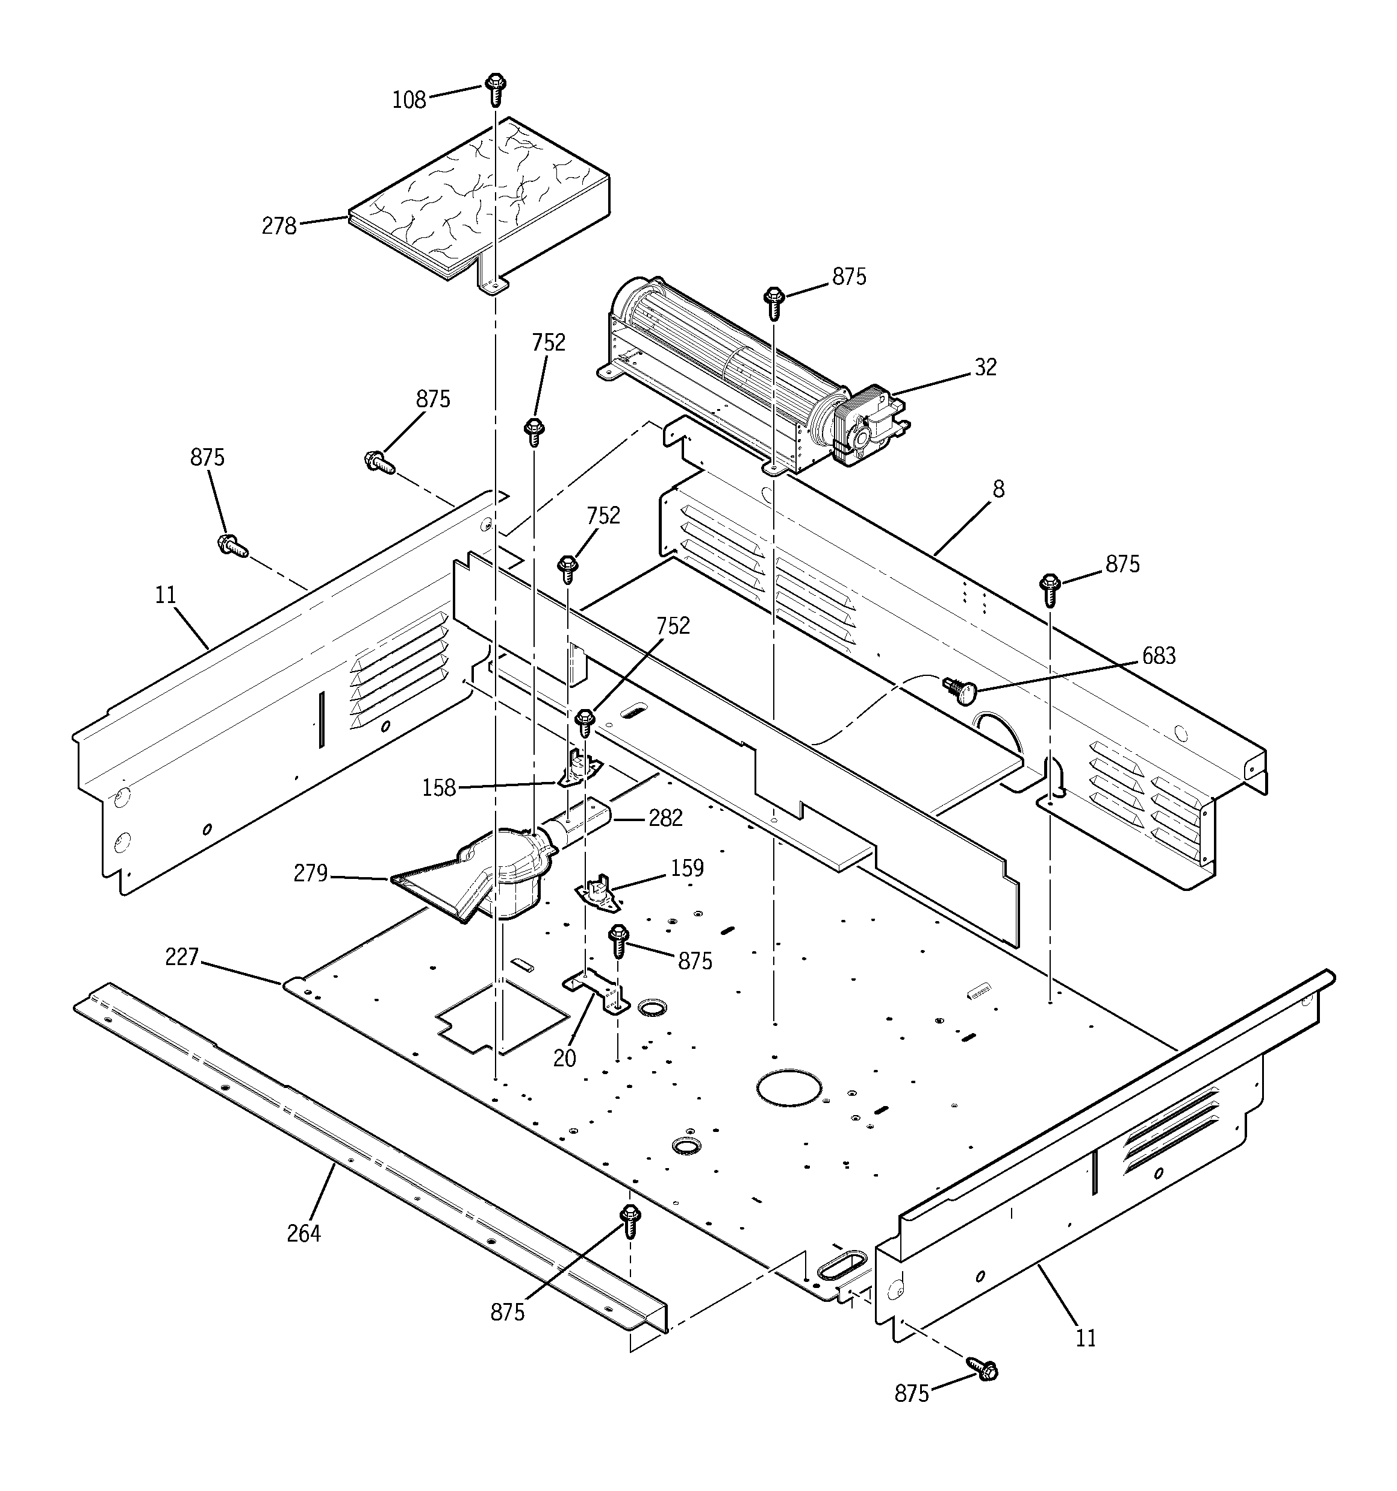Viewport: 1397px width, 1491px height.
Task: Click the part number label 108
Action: pyautogui.click(x=409, y=100)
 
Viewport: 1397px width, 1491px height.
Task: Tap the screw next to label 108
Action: pyautogui.click(x=495, y=88)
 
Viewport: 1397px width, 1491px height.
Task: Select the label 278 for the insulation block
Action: pyautogui.click(x=279, y=226)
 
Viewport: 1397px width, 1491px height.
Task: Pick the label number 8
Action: pyautogui.click(x=998, y=489)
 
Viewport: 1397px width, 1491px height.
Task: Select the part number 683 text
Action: pyautogui.click(x=1159, y=656)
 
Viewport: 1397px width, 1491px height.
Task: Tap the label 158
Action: pyautogui.click(x=439, y=787)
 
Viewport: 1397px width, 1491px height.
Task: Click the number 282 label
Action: pyautogui.click(x=665, y=818)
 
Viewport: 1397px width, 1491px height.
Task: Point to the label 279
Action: pyautogui.click(x=311, y=874)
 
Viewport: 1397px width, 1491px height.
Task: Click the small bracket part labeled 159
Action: pyautogui.click(x=598, y=895)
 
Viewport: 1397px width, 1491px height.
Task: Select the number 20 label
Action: pyautogui.click(x=565, y=1058)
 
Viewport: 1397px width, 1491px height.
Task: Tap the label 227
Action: pyautogui.click(x=181, y=957)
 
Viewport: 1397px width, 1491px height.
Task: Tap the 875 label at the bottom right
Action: pyautogui.click(x=911, y=1393)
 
